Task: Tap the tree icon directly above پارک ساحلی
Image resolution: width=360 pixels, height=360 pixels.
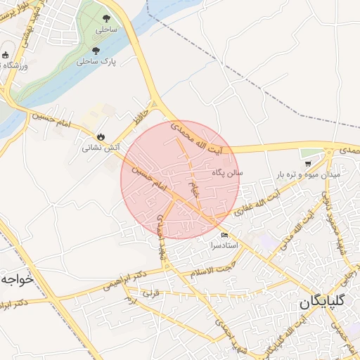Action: pyautogui.click(x=96, y=51)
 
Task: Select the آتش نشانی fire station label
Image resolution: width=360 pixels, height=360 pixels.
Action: pyautogui.click(x=98, y=148)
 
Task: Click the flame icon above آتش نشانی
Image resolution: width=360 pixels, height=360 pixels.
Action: pyautogui.click(x=100, y=137)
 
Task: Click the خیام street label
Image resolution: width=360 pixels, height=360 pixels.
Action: pyautogui.click(x=195, y=186)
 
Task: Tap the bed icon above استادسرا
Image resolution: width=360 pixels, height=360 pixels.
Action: pyautogui.click(x=225, y=235)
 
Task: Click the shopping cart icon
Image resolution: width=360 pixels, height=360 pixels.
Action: pyautogui.click(x=309, y=162)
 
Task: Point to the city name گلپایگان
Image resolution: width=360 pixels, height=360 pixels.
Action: pyautogui.click(x=322, y=302)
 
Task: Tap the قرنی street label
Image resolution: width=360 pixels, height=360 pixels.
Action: pyautogui.click(x=153, y=294)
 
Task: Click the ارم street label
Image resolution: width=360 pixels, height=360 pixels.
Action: pyautogui.click(x=131, y=300)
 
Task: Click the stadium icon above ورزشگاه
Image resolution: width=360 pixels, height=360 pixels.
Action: pyautogui.click(x=6, y=55)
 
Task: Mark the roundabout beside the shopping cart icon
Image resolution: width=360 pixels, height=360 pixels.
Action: pyautogui.click(x=328, y=151)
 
